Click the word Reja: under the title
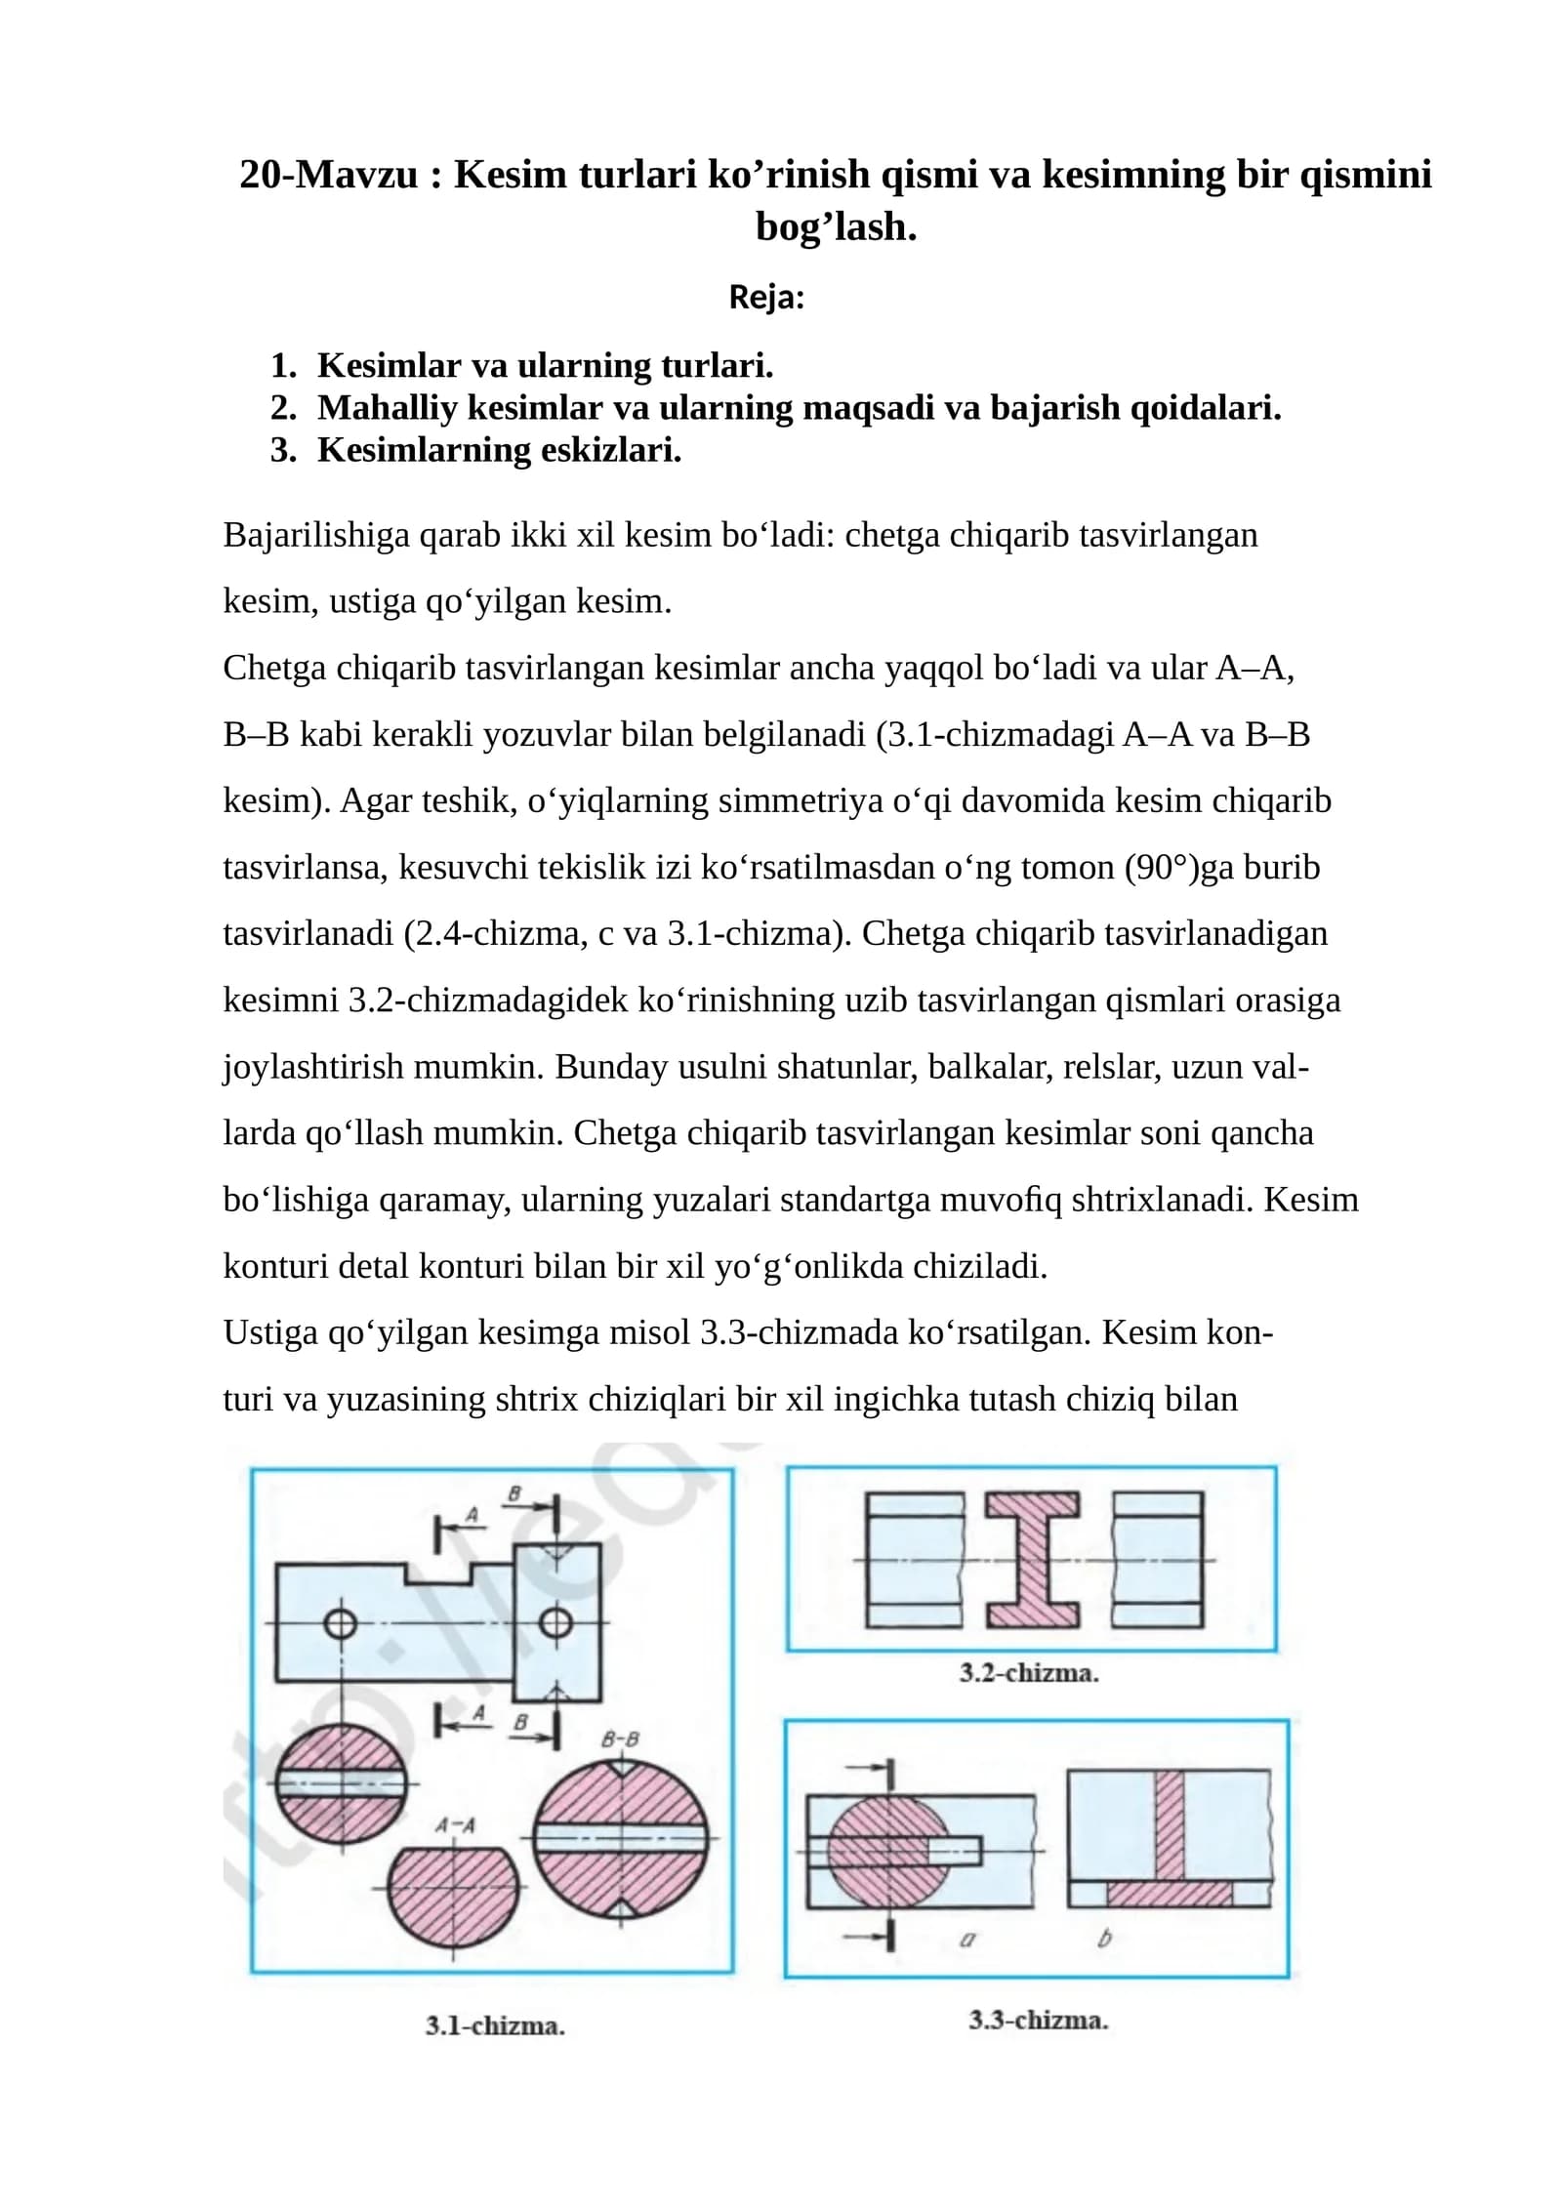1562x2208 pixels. [x=766, y=297]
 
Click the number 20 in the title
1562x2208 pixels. [x=259, y=175]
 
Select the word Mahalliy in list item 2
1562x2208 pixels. [x=387, y=408]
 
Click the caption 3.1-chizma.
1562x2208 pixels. [x=495, y=2025]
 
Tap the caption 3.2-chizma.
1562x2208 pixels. [x=1029, y=1673]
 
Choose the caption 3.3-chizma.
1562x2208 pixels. [x=1038, y=2020]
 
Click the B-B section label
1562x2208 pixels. [x=620, y=1738]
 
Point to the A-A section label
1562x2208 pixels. [x=455, y=1825]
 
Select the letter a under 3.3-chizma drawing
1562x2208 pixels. [x=966, y=1940]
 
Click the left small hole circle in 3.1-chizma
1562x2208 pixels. [x=340, y=1624]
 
